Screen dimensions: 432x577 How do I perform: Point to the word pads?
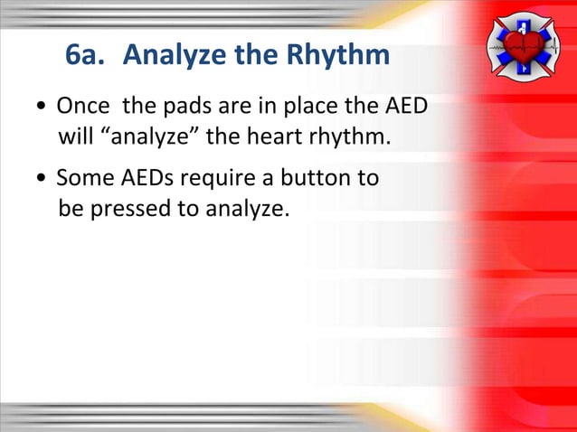tap(184, 108)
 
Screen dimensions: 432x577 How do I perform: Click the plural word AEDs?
tap(146, 178)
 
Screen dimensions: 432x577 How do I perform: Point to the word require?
tap(219, 178)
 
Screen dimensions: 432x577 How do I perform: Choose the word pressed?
tap(123, 210)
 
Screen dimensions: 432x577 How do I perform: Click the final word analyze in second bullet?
tap(248, 210)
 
